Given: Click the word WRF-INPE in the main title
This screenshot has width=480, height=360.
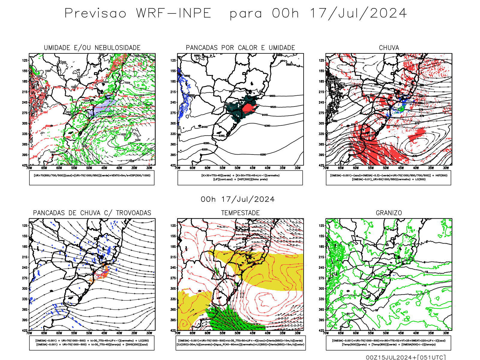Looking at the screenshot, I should (x=174, y=13).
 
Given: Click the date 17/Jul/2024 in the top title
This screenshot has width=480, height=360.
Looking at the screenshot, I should (x=358, y=13).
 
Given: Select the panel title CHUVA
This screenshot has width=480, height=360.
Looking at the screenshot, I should (x=389, y=48).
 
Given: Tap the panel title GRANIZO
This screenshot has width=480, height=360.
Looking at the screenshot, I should (x=389, y=213).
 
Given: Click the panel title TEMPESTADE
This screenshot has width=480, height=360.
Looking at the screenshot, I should (x=240, y=213).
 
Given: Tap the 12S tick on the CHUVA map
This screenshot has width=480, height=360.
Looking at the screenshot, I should (x=321, y=61).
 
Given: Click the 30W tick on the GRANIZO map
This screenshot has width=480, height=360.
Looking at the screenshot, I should (x=446, y=333).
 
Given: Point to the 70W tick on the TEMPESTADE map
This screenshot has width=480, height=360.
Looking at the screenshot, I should (x=178, y=333).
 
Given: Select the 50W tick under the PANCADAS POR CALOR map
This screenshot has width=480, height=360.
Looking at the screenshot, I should (x=237, y=168).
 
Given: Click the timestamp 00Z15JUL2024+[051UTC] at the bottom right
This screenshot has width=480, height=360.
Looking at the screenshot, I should (x=406, y=357).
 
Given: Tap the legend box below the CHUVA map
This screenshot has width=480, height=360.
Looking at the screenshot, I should (x=388, y=178).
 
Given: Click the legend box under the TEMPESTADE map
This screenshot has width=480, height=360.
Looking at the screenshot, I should (x=240, y=343).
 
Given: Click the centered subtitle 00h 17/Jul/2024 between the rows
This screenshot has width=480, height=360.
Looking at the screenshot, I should (x=238, y=199).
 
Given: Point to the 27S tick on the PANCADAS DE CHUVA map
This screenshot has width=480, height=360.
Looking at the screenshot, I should (x=25, y=278).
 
